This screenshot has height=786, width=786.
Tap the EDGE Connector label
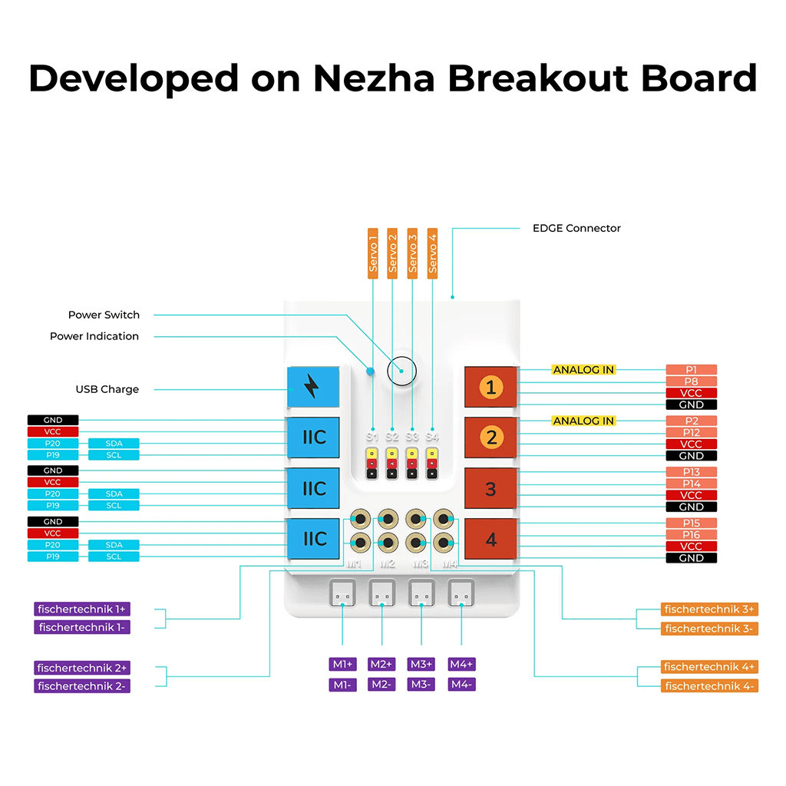(576, 228)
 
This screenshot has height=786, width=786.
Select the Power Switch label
(104, 315)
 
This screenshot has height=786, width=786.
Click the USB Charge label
(107, 389)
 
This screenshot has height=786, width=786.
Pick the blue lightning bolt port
(312, 387)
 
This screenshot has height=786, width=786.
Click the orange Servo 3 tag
(412, 252)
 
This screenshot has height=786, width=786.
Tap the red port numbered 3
(490, 488)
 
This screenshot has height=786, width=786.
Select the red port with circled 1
(490, 387)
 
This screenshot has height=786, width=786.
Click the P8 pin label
(691, 381)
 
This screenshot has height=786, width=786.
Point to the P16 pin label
(691, 535)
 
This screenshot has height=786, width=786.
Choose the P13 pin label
(691, 472)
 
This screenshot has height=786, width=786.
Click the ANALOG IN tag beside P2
(583, 421)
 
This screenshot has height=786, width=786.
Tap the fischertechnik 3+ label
(709, 609)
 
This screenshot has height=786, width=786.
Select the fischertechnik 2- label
(82, 686)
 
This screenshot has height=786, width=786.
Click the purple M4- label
(461, 684)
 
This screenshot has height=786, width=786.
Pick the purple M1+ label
(342, 664)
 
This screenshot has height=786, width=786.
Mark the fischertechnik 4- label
(709, 685)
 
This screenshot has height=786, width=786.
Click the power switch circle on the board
(401, 370)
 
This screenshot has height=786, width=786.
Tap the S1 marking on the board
(372, 436)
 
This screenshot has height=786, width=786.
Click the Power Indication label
(94, 336)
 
